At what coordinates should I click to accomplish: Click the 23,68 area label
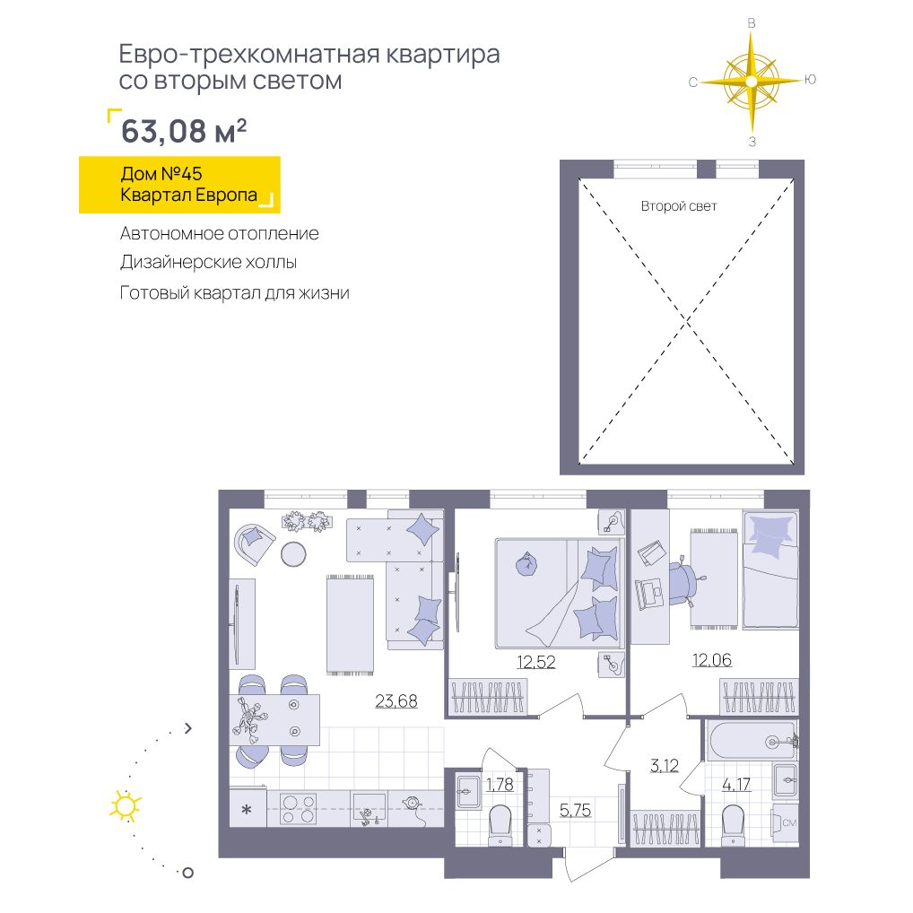396,700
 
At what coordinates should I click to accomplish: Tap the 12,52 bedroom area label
535,662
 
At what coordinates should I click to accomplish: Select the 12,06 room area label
711,660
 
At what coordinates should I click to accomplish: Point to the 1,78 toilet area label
500,785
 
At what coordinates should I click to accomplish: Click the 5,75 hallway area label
575,809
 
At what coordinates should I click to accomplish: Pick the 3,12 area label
665,765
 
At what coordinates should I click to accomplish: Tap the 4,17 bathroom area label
736,785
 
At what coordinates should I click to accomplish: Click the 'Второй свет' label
678,206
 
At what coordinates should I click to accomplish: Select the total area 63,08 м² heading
184,130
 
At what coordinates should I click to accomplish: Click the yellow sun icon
126,806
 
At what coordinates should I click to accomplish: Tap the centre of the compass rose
752,82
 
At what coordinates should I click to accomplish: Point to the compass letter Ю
810,80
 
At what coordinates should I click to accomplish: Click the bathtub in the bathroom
752,741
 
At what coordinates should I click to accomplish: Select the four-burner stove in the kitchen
298,809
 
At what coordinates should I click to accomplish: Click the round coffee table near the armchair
293,554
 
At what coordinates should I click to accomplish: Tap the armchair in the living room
254,543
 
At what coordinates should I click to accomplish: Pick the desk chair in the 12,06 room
683,584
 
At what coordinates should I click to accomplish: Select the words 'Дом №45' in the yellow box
161,173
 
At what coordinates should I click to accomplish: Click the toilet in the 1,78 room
500,823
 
